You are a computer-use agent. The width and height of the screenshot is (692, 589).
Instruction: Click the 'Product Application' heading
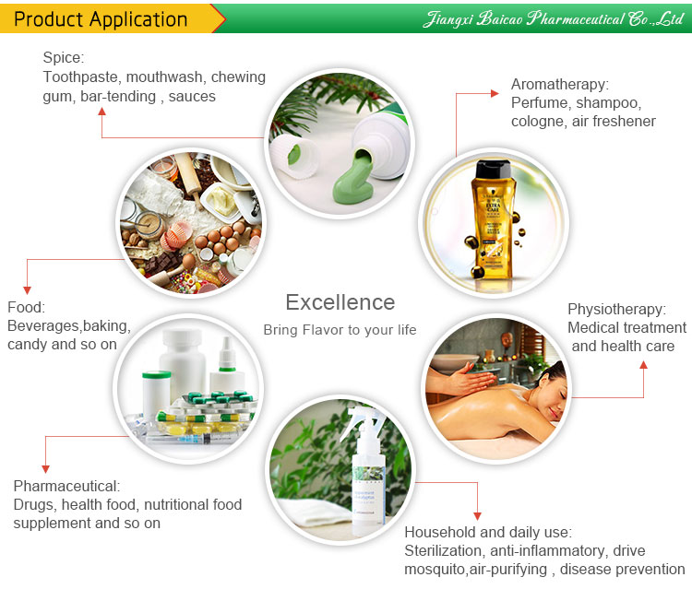[x=102, y=18]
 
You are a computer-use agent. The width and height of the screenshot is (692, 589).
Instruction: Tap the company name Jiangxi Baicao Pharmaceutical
[x=554, y=18]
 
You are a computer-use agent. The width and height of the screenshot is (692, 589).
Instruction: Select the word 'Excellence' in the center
[x=340, y=302]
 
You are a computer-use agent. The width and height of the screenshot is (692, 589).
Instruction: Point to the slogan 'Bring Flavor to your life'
[x=340, y=330]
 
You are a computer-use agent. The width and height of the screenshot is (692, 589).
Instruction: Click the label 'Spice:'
[x=63, y=58]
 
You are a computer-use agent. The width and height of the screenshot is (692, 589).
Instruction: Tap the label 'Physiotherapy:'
[x=616, y=309]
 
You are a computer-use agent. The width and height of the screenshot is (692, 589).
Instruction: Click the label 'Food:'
[x=26, y=307]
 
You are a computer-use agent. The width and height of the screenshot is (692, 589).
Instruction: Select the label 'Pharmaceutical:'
[x=66, y=486]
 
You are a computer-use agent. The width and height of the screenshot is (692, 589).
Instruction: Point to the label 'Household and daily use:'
[x=488, y=532]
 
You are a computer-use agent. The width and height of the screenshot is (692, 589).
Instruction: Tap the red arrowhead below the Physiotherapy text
[x=643, y=366]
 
